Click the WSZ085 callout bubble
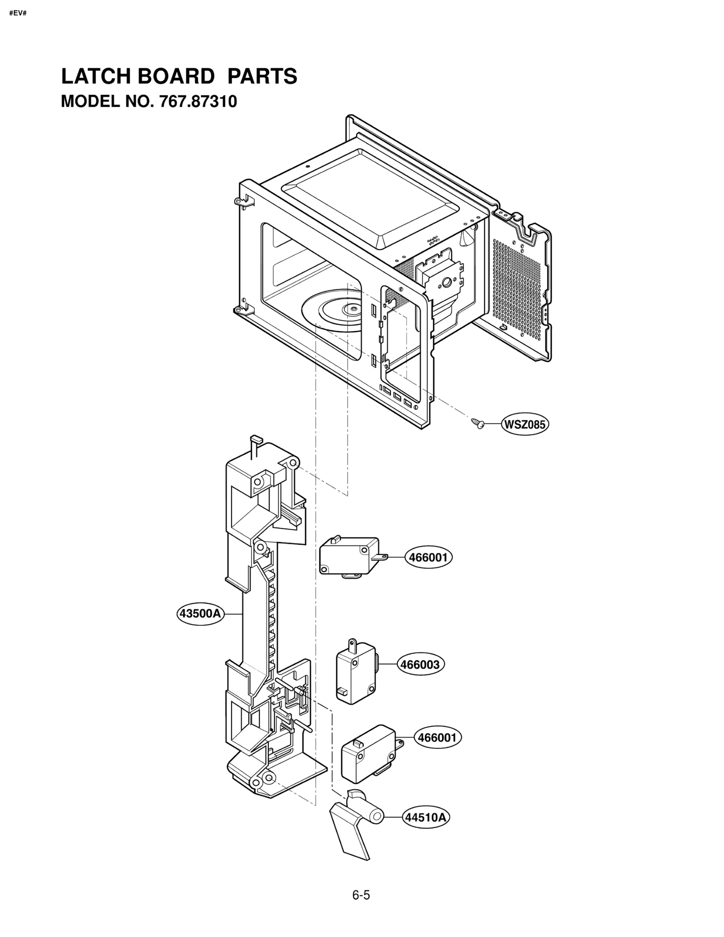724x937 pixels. pos(524,424)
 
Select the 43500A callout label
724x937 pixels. pos(200,613)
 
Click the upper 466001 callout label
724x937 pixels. pos(428,557)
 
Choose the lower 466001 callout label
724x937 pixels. pos(437,738)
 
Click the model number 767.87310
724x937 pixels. pos(198,102)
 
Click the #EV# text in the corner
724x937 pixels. pos(18,13)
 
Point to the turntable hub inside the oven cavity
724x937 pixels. pos(350,309)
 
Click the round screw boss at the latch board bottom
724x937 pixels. pos(268,778)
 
